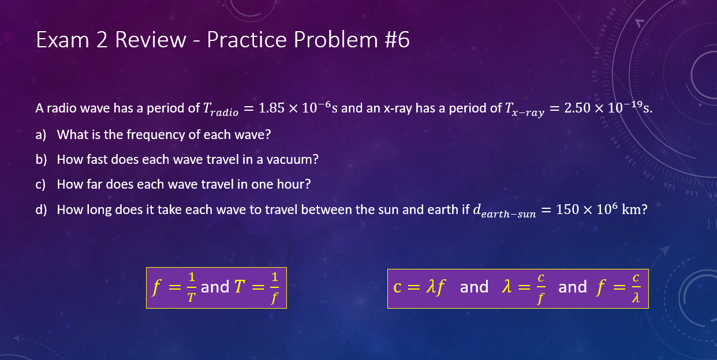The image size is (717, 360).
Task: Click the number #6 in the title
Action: click(x=397, y=40)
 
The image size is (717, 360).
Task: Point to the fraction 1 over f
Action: click(x=275, y=287)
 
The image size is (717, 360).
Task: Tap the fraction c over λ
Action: click(x=636, y=287)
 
